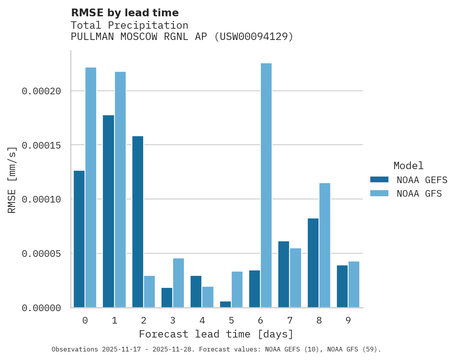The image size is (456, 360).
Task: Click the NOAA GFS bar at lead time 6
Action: (266, 185)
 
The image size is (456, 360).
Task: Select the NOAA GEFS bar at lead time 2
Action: (138, 222)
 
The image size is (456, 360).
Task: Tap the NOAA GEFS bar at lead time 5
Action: (225, 305)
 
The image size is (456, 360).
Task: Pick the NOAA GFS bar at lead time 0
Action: (91, 187)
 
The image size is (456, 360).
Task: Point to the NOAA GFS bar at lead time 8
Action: (325, 245)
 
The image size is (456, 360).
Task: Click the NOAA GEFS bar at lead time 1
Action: (108, 211)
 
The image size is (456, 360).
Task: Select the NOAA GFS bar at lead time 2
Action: (149, 292)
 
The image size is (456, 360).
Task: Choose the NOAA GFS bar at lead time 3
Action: (179, 283)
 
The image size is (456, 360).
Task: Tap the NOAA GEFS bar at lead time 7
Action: (284, 274)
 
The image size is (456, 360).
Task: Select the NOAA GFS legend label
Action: (419, 194)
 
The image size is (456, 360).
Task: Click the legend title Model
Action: (408, 166)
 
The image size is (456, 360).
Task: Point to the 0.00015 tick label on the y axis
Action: (42, 145)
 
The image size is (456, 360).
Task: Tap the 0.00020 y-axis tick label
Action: (42, 91)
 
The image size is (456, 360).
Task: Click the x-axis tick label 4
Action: (202, 320)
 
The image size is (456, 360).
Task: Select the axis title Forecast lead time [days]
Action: (216, 334)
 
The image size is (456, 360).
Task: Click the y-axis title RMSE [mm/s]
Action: (12, 180)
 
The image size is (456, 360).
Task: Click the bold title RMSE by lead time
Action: (125, 13)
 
